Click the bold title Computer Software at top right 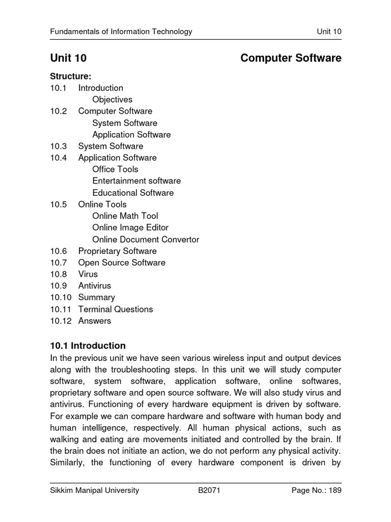(291, 59)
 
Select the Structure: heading (70, 76)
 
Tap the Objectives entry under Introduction (112, 99)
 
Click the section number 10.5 (59, 204)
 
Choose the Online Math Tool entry (125, 216)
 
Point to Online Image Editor (130, 228)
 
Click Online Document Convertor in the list (146, 240)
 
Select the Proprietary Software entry (117, 251)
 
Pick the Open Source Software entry (122, 263)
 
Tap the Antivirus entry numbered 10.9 (94, 286)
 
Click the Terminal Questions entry (115, 309)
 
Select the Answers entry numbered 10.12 (94, 321)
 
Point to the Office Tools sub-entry (115, 169)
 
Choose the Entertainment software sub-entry (136, 181)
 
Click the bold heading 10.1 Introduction (88, 346)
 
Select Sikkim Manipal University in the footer (94, 491)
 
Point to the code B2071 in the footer (209, 491)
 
